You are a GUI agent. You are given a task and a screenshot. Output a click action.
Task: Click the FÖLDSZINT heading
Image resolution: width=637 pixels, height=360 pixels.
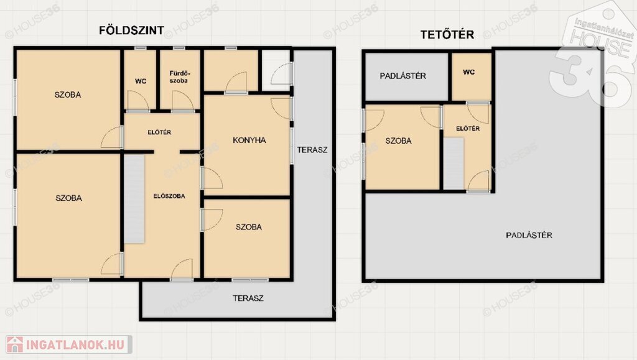[x=132, y=30]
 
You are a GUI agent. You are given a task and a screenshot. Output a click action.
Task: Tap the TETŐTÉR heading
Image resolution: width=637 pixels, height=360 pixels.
[x=447, y=34]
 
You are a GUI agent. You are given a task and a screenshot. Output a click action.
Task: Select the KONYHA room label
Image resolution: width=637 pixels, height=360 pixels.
[x=249, y=141]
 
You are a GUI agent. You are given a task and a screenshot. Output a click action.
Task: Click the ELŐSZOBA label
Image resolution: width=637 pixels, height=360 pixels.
[x=169, y=196]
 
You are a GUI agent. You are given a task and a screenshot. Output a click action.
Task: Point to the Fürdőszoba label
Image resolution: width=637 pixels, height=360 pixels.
[x=179, y=77]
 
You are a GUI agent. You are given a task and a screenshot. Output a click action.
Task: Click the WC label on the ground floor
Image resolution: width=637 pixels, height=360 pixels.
[x=141, y=81]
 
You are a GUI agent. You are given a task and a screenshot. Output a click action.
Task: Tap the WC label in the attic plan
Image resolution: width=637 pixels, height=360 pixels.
[x=469, y=72]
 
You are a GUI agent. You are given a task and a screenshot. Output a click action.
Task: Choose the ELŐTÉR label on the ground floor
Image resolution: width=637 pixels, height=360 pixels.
[x=159, y=132]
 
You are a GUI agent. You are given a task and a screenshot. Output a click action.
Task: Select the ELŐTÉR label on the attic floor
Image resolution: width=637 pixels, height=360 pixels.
[x=468, y=129]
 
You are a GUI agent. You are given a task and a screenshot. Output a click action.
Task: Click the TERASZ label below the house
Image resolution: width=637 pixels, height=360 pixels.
[x=248, y=298]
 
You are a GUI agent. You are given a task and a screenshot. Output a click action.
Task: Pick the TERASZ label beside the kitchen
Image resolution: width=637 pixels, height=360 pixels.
[x=312, y=150]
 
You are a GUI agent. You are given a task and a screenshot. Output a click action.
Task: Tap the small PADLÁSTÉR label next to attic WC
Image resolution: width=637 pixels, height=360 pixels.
[x=403, y=76]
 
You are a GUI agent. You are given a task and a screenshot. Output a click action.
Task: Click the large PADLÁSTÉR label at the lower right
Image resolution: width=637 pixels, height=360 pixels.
[x=529, y=235]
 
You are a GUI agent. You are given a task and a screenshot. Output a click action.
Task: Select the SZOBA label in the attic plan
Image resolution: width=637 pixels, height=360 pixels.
[x=399, y=141]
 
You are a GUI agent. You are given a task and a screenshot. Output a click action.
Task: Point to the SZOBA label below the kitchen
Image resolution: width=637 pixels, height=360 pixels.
[x=249, y=227]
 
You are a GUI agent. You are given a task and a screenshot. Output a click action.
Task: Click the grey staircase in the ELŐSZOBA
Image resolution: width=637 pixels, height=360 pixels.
[x=134, y=199]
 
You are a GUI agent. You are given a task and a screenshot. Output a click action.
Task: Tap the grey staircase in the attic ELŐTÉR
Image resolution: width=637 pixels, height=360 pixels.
[x=453, y=164]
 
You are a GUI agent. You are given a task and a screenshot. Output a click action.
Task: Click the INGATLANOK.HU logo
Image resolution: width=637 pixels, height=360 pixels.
[x=68, y=344]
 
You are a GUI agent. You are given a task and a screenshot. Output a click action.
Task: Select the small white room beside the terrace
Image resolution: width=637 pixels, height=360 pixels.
[x=276, y=70]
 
